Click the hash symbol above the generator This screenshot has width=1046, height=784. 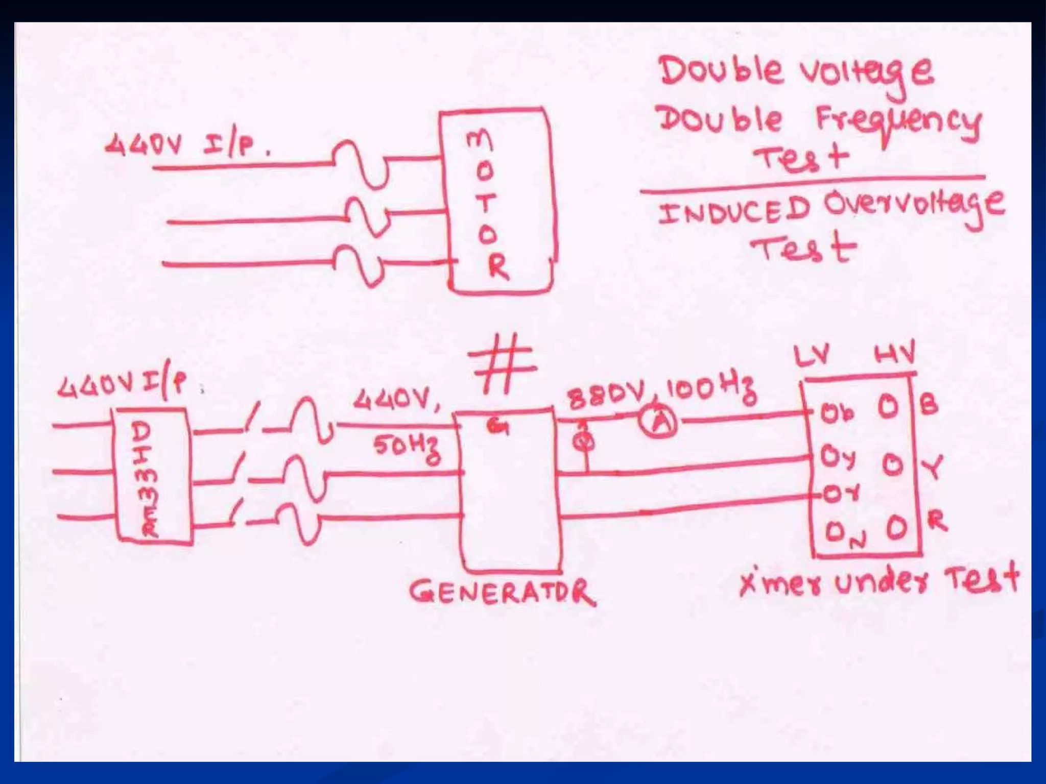[502, 363]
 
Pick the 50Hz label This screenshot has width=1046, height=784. [407, 449]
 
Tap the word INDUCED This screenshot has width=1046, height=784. [733, 211]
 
